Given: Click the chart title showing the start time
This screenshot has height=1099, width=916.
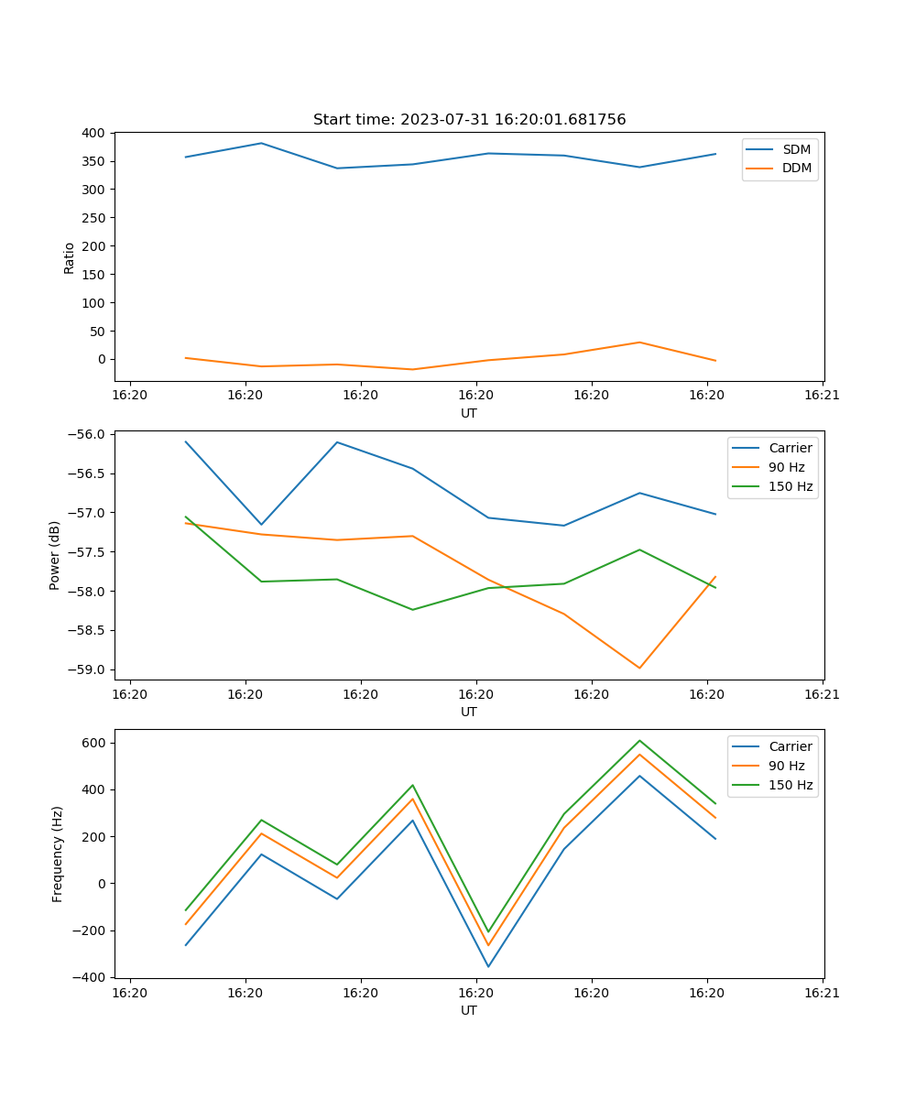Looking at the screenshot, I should [x=469, y=120].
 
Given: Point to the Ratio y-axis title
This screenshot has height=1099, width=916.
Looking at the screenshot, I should [x=70, y=257].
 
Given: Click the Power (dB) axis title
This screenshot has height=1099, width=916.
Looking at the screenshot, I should [x=55, y=555].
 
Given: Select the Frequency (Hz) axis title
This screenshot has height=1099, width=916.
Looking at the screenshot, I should [x=58, y=854].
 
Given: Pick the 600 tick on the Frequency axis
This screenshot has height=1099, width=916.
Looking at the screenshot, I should [x=94, y=743].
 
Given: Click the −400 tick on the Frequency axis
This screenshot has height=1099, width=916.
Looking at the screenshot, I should [x=91, y=977].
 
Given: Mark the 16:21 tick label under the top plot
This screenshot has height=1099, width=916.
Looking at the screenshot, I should [x=823, y=396].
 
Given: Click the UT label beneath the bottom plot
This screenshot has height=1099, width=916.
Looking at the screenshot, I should [x=469, y=1010].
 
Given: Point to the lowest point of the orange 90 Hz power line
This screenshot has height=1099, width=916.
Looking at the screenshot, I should [x=639, y=668].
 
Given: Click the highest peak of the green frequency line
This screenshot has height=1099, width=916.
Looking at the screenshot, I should [x=639, y=740].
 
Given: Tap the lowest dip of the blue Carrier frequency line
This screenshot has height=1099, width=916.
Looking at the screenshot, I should [x=488, y=966].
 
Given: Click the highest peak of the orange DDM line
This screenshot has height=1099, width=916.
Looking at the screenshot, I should [x=639, y=343].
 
